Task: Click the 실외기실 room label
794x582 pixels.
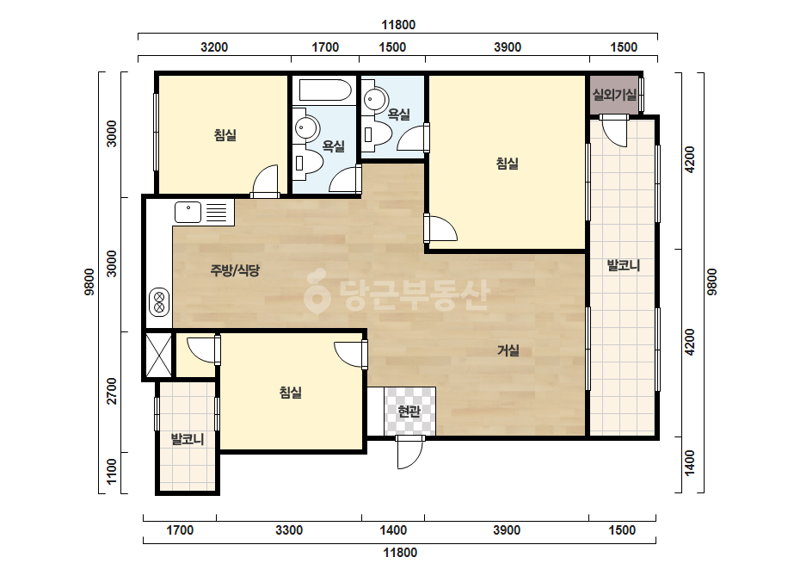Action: click(x=614, y=95)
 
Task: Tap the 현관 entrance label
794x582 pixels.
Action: click(x=409, y=412)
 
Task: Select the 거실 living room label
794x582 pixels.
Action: click(x=508, y=350)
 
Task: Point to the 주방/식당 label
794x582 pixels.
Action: click(x=235, y=270)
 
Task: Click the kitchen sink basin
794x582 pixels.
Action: click(x=188, y=213)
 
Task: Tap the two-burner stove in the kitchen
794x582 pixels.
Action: click(x=159, y=303)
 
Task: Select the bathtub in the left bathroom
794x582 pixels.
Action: click(x=324, y=90)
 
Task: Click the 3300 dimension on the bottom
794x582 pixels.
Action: click(x=289, y=530)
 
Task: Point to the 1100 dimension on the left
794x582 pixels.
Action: click(x=112, y=472)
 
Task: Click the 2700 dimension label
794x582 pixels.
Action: click(x=112, y=391)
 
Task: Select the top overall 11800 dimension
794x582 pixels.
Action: click(x=398, y=25)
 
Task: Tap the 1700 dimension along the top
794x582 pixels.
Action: click(x=325, y=47)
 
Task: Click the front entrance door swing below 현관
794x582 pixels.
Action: click(x=409, y=452)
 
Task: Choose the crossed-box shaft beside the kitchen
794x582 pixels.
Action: click(x=158, y=355)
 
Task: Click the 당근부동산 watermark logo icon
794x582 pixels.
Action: click(x=317, y=292)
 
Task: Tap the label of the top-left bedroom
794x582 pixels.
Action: click(x=225, y=135)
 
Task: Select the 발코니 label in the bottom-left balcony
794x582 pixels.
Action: click(x=188, y=439)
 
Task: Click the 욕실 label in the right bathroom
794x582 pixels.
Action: click(x=398, y=115)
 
